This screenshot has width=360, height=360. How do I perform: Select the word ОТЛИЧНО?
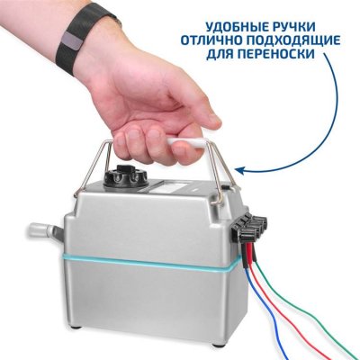tap(213, 41)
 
